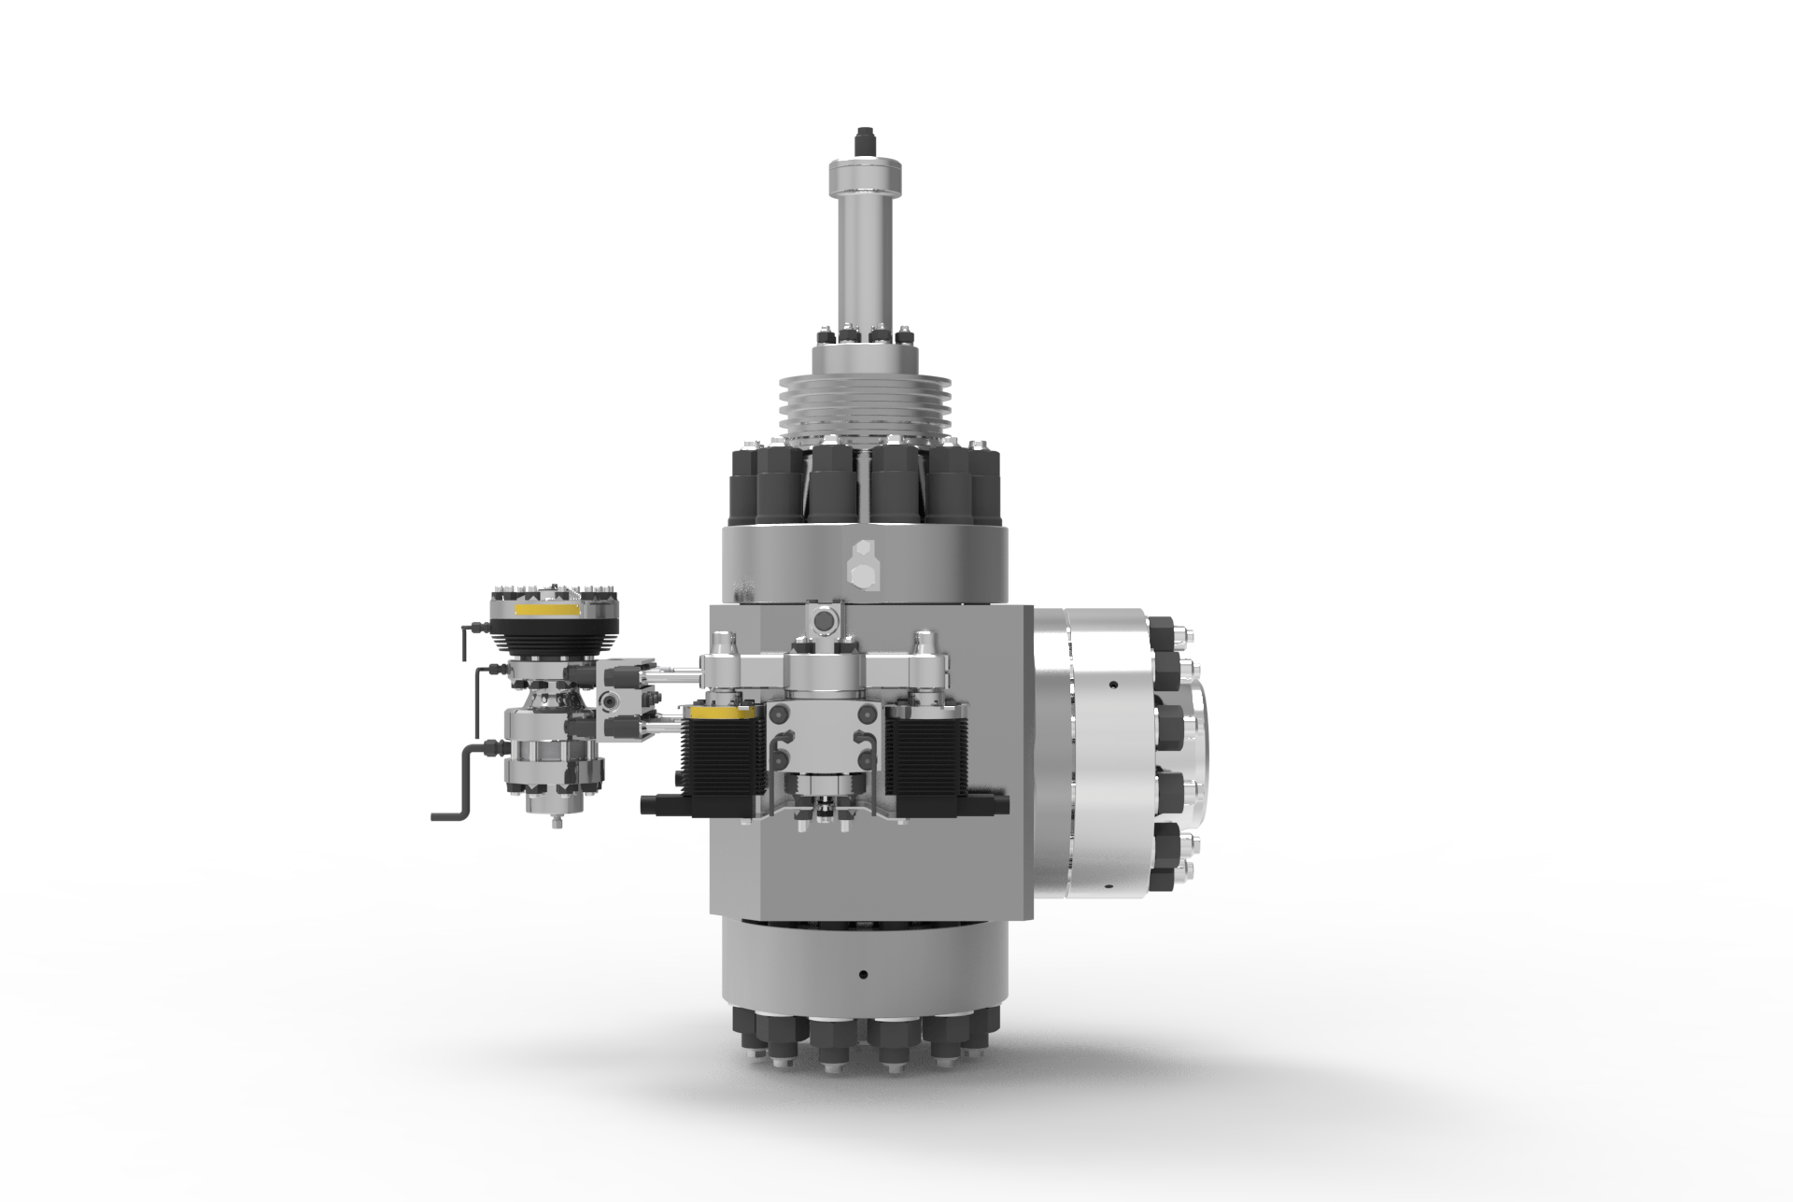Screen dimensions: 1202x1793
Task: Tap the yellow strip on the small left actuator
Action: pos(545,609)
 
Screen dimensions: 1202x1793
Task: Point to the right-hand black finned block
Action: pos(928,757)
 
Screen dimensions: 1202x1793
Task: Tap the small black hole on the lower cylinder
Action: pos(862,974)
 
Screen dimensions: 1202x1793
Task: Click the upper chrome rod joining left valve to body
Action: pos(677,670)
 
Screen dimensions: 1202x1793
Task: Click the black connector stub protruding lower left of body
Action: pos(661,803)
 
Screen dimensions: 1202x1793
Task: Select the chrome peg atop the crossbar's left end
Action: pos(725,642)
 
